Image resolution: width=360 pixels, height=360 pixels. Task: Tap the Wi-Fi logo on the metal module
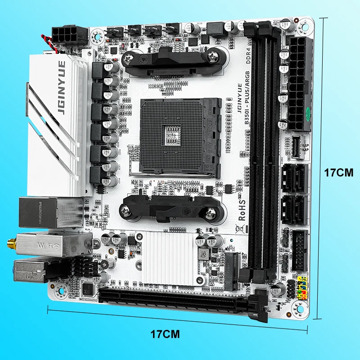[x=62, y=245]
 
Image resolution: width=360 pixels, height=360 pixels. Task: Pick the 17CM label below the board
[x=165, y=334]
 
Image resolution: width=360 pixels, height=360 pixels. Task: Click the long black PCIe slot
[x=171, y=300]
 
